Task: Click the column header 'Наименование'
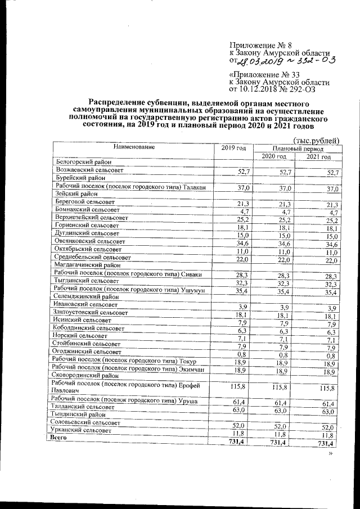(134, 147)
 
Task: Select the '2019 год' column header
(233, 148)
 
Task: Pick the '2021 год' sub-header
(318, 157)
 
